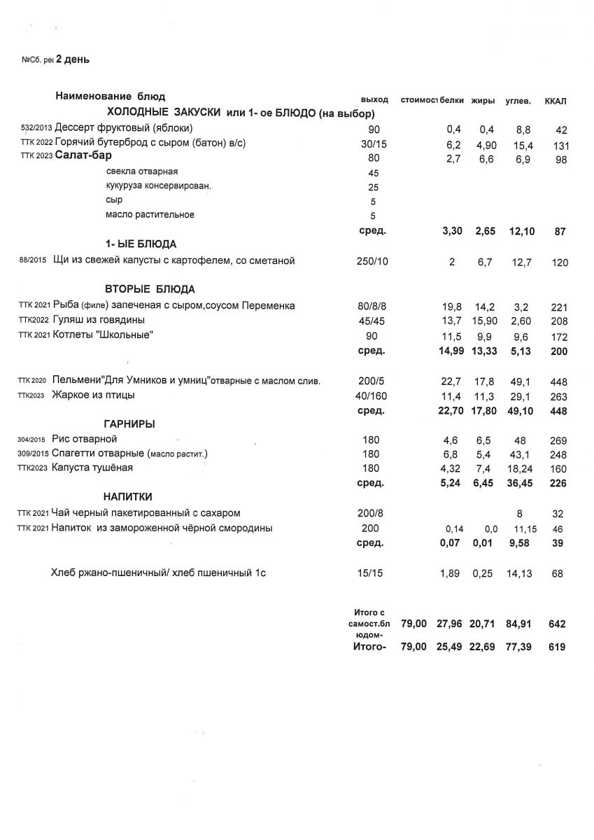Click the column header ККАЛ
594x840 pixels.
click(x=556, y=101)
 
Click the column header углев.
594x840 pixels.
click(x=518, y=101)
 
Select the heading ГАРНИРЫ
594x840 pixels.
click(x=130, y=424)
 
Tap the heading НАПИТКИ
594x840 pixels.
click(x=129, y=497)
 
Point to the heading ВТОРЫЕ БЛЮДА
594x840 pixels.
click(x=150, y=289)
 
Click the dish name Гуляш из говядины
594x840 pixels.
click(x=99, y=320)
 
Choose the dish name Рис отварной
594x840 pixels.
click(x=78, y=439)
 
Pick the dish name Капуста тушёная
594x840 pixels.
click(x=92, y=468)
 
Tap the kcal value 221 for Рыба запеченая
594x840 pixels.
click(x=558, y=307)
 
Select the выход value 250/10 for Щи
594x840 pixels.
click(x=372, y=262)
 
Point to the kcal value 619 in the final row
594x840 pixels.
click(x=557, y=647)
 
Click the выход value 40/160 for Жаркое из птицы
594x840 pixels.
click(x=372, y=396)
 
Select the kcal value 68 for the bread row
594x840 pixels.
click(x=558, y=575)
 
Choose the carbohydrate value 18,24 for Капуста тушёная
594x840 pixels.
click(x=518, y=468)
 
